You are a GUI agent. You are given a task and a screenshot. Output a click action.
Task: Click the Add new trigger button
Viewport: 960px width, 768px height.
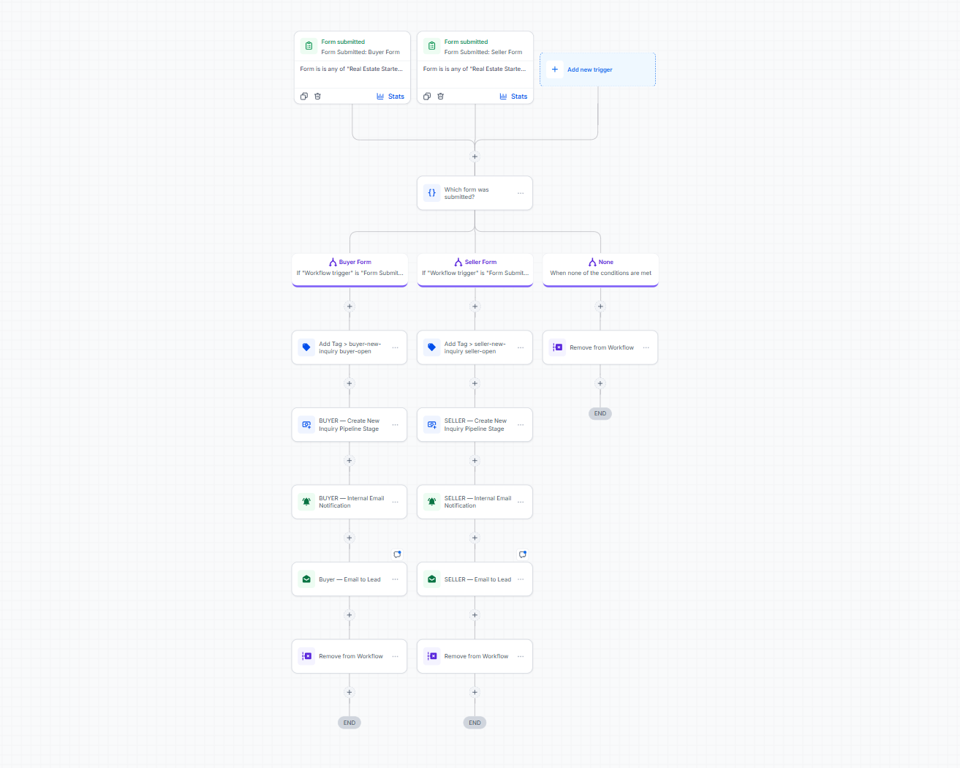point(597,69)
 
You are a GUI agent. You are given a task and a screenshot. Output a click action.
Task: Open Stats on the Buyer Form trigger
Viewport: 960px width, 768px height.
point(390,97)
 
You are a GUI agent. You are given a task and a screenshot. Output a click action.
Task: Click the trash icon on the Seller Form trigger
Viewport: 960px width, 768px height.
point(440,97)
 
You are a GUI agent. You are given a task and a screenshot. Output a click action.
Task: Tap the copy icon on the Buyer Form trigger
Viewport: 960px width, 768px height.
point(303,97)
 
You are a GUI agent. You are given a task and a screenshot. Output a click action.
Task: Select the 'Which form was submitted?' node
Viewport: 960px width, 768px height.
point(475,193)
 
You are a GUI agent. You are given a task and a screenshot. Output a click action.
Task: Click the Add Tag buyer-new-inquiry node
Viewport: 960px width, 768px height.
point(349,347)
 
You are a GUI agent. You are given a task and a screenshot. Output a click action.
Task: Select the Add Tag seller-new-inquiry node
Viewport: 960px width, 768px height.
point(475,347)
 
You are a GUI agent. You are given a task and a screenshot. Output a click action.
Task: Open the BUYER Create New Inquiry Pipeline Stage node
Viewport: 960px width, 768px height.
point(349,425)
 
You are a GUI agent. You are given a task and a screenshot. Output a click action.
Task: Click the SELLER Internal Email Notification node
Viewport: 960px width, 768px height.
point(475,502)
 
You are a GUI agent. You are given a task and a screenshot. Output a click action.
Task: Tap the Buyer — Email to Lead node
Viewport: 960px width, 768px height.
point(349,579)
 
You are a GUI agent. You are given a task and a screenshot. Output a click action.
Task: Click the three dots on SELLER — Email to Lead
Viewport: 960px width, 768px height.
point(521,579)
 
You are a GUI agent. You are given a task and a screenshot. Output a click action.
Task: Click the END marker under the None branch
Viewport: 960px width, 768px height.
point(600,414)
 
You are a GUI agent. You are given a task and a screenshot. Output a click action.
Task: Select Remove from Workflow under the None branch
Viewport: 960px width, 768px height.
point(600,347)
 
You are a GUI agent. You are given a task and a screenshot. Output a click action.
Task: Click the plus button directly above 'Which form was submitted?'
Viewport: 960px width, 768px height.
point(475,157)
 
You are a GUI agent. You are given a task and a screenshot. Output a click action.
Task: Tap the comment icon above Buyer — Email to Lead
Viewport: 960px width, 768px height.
point(397,554)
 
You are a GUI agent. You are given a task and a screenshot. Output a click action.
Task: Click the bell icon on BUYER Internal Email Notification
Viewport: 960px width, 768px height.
point(306,502)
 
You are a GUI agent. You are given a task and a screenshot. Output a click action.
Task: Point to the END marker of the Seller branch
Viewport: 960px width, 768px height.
point(475,723)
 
